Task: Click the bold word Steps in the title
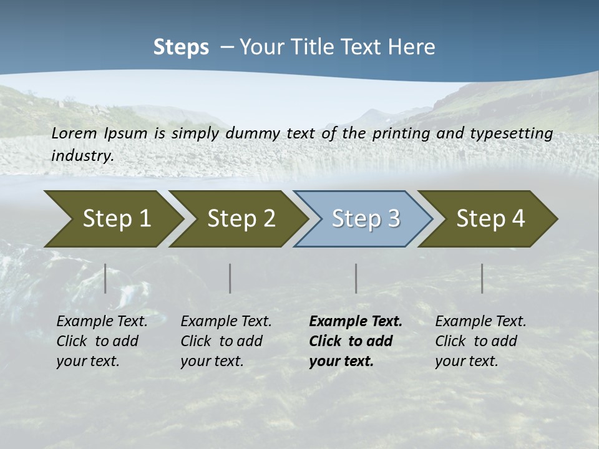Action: (181, 47)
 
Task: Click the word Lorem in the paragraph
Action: (74, 133)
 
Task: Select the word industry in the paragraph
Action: (82, 155)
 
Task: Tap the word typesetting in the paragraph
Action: (514, 133)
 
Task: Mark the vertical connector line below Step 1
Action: (105, 278)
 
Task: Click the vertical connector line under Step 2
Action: (230, 278)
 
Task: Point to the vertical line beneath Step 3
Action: (356, 278)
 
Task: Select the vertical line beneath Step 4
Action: (482, 278)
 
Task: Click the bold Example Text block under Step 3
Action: (356, 341)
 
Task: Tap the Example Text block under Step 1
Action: (102, 341)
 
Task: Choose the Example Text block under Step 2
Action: (226, 341)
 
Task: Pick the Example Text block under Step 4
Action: (480, 341)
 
